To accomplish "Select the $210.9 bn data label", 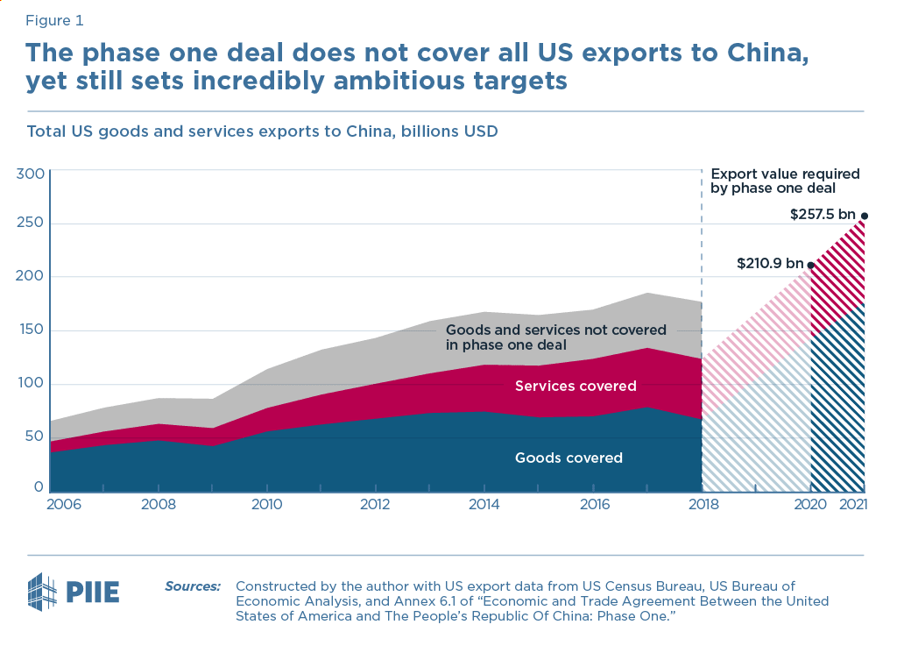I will click(x=768, y=264).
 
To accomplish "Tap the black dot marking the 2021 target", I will click(x=865, y=216).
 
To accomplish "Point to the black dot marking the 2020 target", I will click(x=810, y=265).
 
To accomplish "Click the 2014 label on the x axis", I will click(x=484, y=505).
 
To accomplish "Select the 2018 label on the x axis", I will click(x=702, y=505).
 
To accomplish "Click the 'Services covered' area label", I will click(x=576, y=386).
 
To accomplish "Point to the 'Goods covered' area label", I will click(x=569, y=458).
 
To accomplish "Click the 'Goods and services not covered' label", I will click(x=556, y=337).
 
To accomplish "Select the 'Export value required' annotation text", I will click(x=784, y=181).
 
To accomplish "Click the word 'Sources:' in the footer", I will click(x=193, y=586).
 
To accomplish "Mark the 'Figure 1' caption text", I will click(x=55, y=19).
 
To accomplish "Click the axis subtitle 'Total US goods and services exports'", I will click(x=262, y=132).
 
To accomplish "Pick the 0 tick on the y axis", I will click(x=39, y=487).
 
